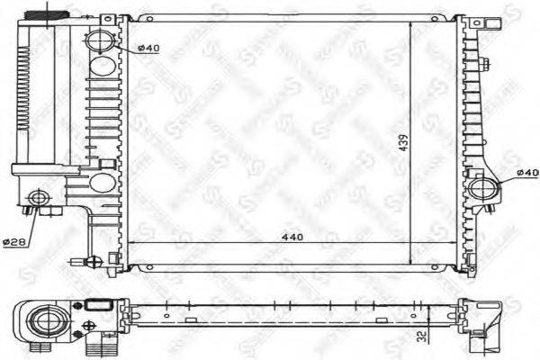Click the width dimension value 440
click(291, 238)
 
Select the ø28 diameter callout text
click(13, 241)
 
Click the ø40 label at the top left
click(149, 48)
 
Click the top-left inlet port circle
click(102, 40)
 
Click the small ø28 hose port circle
click(38, 198)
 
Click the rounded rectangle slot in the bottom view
click(99, 306)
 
